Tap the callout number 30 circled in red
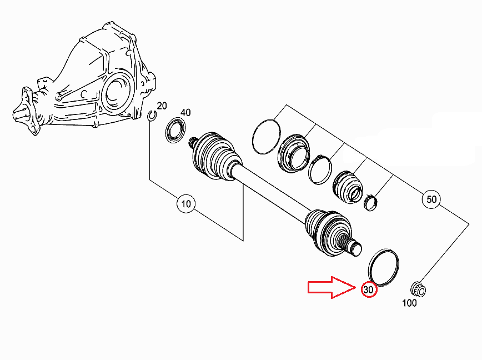pos(369,289)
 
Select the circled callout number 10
pos(185,204)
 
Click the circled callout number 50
pos(431,198)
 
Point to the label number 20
pos(162,106)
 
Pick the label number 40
pos(185,113)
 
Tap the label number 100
pos(409,304)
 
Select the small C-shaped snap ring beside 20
pos(152,115)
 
